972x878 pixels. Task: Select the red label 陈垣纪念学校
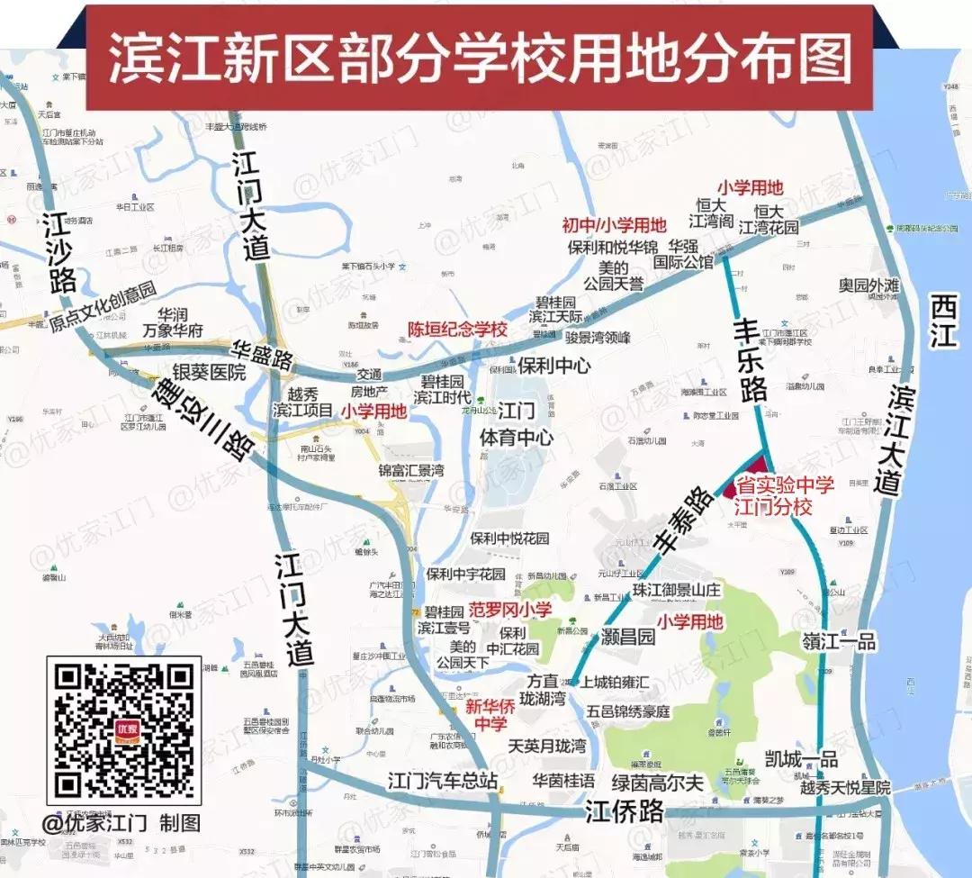coord(457,330)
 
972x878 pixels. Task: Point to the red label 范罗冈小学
coord(511,610)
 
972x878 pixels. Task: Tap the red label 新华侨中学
coord(490,716)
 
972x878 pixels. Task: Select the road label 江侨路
coord(624,810)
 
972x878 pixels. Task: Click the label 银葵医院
coord(209,373)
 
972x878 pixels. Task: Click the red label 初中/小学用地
coord(615,225)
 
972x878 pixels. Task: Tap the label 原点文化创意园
coord(103,295)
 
